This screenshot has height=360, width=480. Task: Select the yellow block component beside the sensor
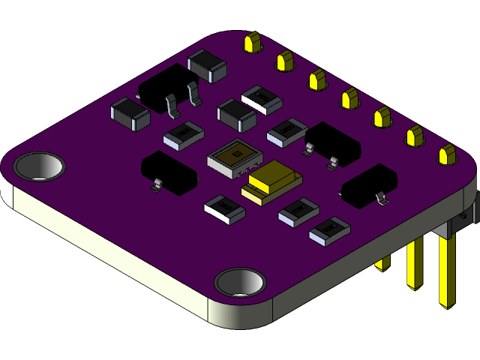271,182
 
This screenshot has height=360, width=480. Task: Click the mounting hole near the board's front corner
239,283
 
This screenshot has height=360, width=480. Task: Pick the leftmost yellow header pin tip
252,42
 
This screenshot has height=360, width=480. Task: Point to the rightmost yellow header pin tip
448,155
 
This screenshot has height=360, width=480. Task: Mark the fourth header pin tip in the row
349,98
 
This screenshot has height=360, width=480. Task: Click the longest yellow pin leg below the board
447,270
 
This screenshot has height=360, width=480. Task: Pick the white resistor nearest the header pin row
262,99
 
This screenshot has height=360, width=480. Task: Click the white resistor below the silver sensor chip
225,208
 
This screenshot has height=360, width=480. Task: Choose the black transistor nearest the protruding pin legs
369,184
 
